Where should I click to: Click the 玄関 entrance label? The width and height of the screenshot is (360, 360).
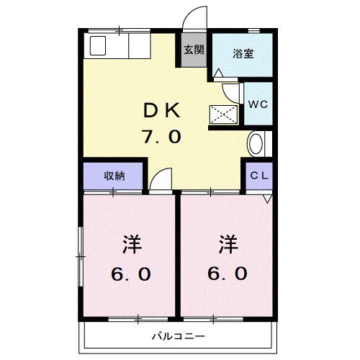click(x=193, y=50)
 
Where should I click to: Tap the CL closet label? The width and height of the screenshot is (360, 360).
click(x=260, y=176)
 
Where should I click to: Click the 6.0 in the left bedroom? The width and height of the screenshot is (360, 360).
click(x=130, y=274)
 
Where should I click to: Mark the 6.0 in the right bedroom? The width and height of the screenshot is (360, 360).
click(x=229, y=274)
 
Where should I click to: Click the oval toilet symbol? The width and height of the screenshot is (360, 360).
click(x=256, y=143)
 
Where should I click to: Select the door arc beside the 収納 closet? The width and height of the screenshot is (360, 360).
click(x=163, y=179)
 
